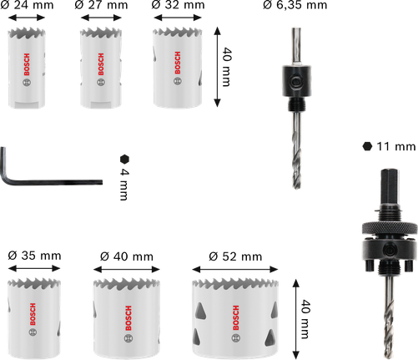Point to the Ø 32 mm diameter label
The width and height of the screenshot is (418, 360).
(177, 7)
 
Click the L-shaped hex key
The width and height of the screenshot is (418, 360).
(33, 175)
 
